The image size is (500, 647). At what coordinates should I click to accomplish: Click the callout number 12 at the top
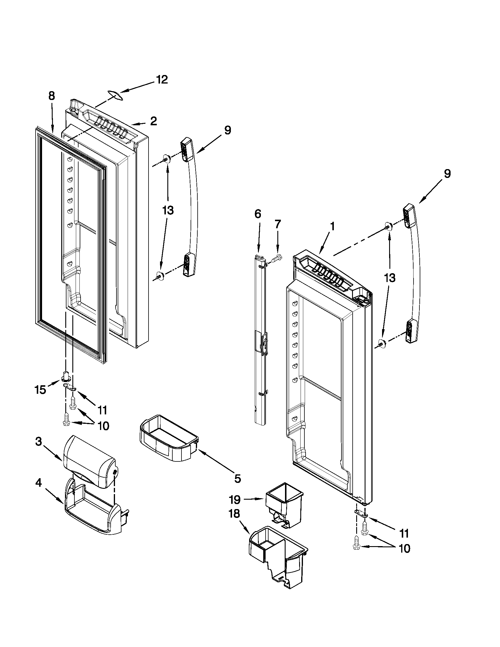(x=162, y=80)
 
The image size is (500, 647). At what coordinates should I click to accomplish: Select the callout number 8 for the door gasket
(x=51, y=96)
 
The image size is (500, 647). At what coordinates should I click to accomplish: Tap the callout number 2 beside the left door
(x=154, y=121)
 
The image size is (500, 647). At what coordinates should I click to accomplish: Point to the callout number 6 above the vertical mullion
(x=258, y=214)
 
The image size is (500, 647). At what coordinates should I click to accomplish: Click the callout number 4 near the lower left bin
(x=39, y=483)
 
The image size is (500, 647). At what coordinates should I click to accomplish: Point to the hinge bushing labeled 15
(x=67, y=376)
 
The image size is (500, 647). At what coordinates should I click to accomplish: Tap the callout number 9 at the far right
(x=447, y=174)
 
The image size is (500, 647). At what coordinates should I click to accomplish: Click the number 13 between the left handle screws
(x=168, y=211)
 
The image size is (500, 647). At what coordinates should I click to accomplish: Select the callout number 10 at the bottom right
(x=404, y=549)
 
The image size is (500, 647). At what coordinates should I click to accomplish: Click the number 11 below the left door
(x=102, y=411)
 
